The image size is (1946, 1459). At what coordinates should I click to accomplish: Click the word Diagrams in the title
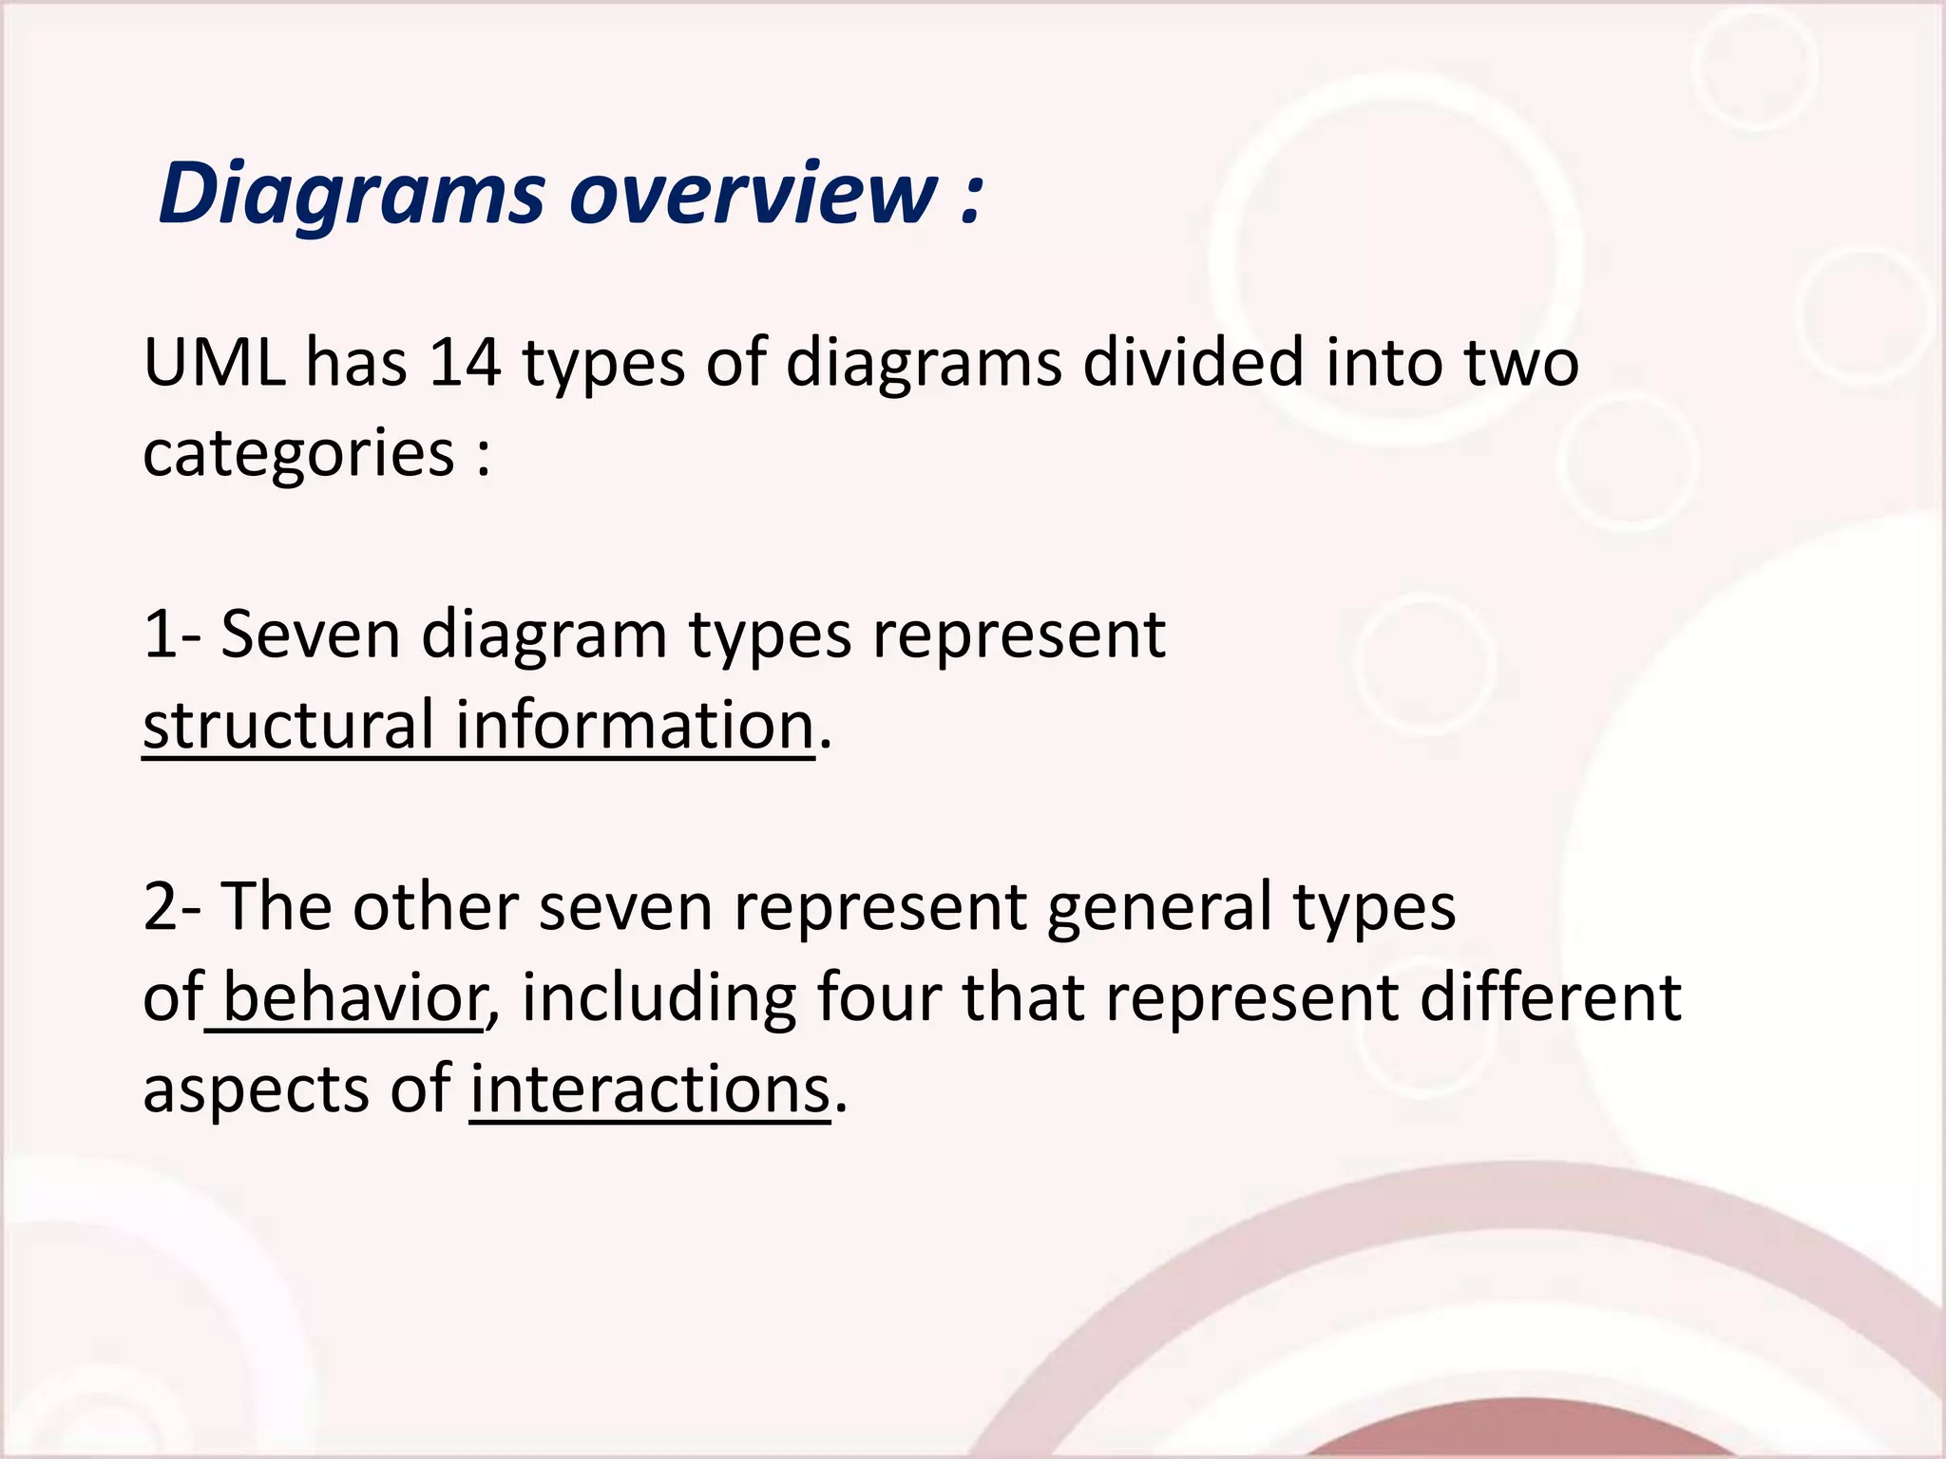pyautogui.click(x=352, y=195)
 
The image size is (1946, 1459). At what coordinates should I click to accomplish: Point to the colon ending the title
pyautogui.click(x=970, y=199)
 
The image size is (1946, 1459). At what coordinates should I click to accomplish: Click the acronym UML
pyautogui.click(x=214, y=363)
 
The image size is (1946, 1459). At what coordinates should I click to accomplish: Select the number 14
pyautogui.click(x=465, y=363)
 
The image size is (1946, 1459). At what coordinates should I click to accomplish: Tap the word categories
pyautogui.click(x=298, y=454)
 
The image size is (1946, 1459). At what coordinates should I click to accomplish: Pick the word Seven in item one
pyautogui.click(x=311, y=635)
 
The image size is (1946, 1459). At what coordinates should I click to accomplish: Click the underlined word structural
pyautogui.click(x=289, y=725)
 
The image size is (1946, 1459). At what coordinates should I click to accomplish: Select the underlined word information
pyautogui.click(x=635, y=725)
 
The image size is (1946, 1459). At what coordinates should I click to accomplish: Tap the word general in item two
pyautogui.click(x=1158, y=908)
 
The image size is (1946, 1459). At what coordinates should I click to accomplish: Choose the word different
pyautogui.click(x=1551, y=997)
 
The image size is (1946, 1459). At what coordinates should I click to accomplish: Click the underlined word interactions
pyautogui.click(x=650, y=1089)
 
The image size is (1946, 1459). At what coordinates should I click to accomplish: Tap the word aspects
pyautogui.click(x=256, y=1090)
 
